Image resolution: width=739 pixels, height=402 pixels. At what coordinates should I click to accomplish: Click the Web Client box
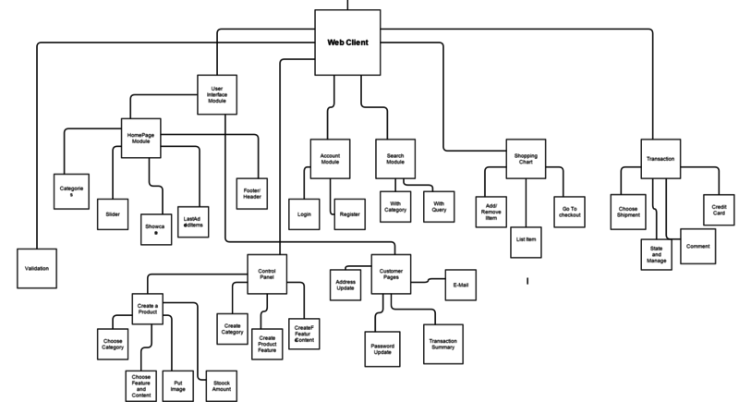click(x=347, y=43)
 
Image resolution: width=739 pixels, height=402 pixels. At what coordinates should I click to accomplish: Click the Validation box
click(x=37, y=268)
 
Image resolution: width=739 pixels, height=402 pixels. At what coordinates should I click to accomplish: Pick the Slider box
click(x=113, y=213)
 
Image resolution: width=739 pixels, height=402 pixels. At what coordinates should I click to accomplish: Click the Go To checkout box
click(x=569, y=212)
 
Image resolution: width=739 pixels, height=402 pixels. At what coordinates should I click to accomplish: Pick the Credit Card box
click(x=718, y=208)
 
